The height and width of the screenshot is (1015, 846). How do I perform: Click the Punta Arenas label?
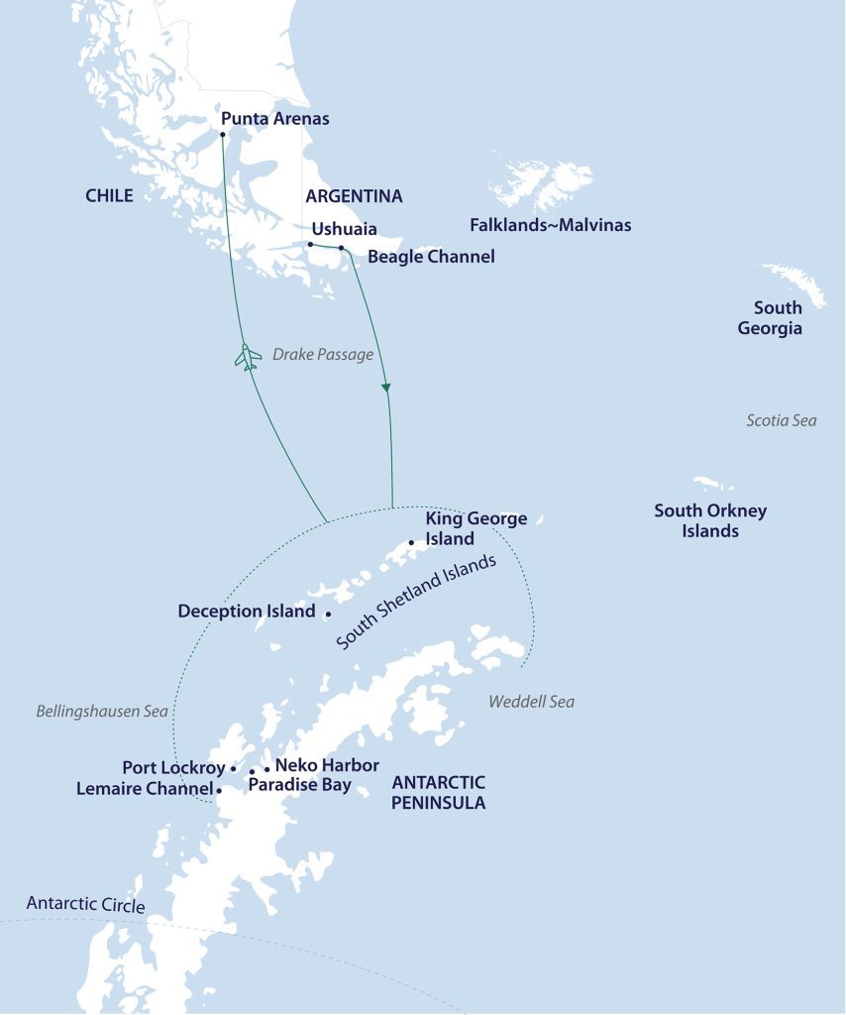[x=274, y=119]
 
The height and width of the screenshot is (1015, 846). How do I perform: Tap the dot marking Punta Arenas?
[x=222, y=134]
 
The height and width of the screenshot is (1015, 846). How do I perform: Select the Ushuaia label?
[x=344, y=227]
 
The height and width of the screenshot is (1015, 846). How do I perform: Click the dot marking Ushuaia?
[x=310, y=244]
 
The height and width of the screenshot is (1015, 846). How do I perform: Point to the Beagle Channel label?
[x=430, y=257]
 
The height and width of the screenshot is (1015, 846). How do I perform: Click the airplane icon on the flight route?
[x=247, y=357]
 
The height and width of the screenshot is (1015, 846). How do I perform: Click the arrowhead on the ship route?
[x=387, y=387]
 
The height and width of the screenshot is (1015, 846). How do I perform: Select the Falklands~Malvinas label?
[x=550, y=225]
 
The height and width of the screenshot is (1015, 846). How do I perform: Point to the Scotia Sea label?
[x=781, y=420]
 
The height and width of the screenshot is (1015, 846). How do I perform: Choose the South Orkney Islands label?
[x=709, y=520]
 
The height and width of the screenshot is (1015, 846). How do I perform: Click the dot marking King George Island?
[x=411, y=542]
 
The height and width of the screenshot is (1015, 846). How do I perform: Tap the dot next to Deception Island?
[x=328, y=614]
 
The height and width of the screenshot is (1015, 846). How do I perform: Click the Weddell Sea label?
[x=531, y=702]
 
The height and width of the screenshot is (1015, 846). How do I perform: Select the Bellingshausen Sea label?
[x=102, y=712]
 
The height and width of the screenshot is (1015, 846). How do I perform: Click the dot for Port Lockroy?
[x=233, y=768]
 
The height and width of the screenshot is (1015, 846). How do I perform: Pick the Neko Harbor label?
[x=327, y=765]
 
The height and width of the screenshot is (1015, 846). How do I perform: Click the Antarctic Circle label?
[x=85, y=905]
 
